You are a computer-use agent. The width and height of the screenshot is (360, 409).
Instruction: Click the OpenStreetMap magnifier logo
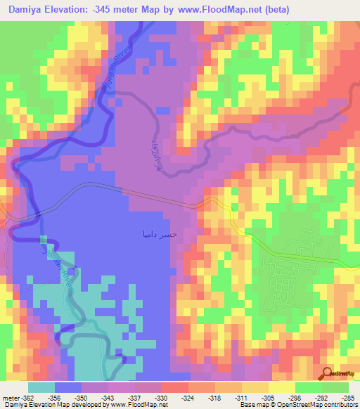tap(328, 373)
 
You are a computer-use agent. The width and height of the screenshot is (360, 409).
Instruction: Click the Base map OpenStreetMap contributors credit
tap(299, 405)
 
